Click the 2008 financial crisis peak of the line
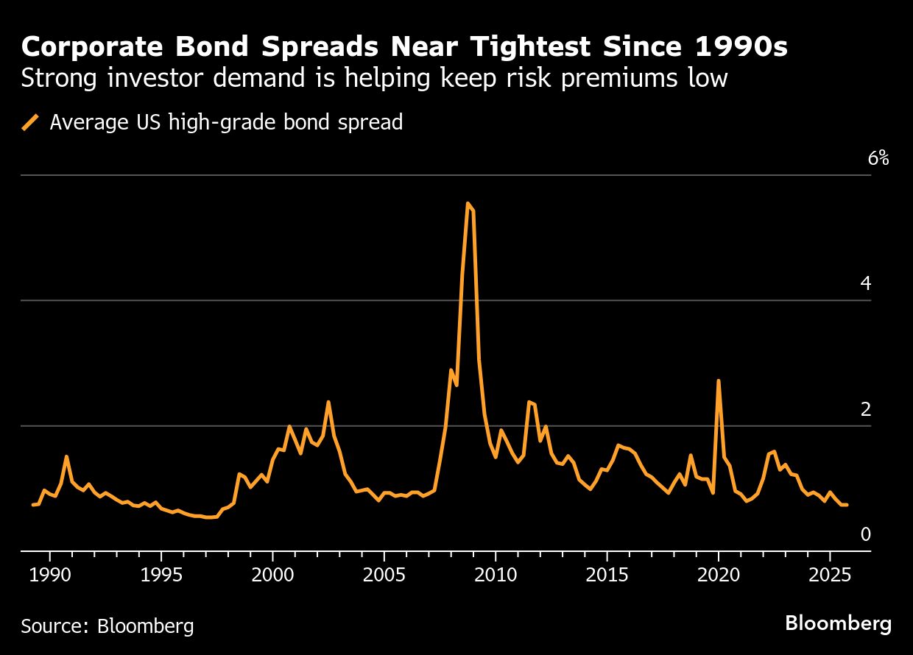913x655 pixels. pos(468,203)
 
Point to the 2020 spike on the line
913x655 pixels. pos(718,381)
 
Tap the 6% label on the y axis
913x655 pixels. pos(878,158)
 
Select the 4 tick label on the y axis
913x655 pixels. pos(866,283)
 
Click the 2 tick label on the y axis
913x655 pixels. pos(866,409)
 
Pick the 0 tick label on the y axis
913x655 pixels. pos(866,534)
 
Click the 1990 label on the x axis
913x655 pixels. pos(50,574)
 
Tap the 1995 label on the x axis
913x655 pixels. pos(161,574)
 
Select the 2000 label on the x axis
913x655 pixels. pos(272,574)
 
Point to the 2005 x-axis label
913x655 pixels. pos(384,574)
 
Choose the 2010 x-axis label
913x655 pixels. pos(496,574)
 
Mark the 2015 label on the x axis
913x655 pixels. pos(607,574)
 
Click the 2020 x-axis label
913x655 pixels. pos(719,574)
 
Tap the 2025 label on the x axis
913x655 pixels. pos(830,574)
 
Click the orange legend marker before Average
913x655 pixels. pos(31,121)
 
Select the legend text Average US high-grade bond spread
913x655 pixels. pos(226,122)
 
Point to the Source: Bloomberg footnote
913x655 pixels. pos(107,626)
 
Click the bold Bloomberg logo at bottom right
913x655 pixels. pos(838,624)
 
